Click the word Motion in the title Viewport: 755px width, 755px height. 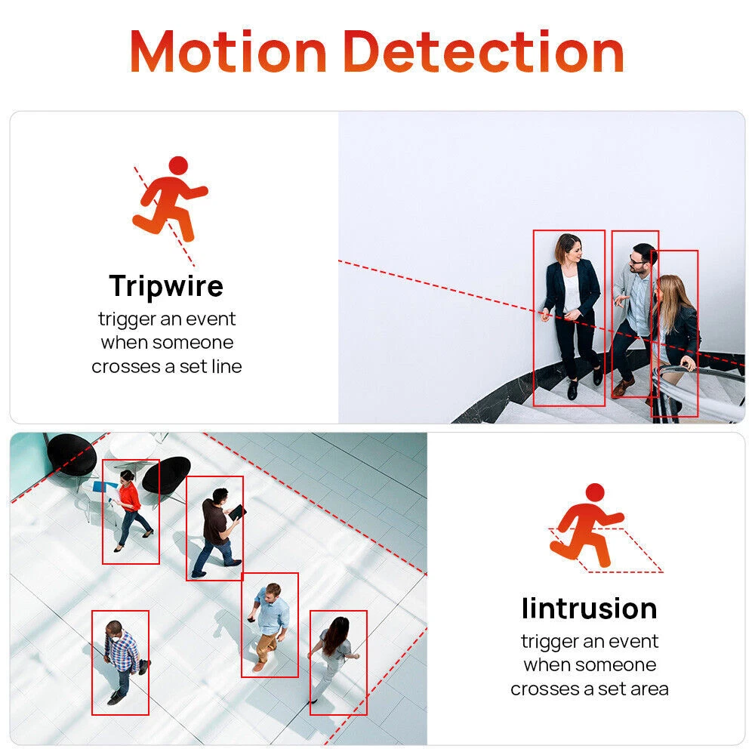coord(229,51)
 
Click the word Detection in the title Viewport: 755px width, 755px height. coord(484,51)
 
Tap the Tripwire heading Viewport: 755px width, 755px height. coord(166,287)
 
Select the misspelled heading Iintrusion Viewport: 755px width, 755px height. coord(590,608)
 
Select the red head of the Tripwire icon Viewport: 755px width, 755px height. coord(179,165)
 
